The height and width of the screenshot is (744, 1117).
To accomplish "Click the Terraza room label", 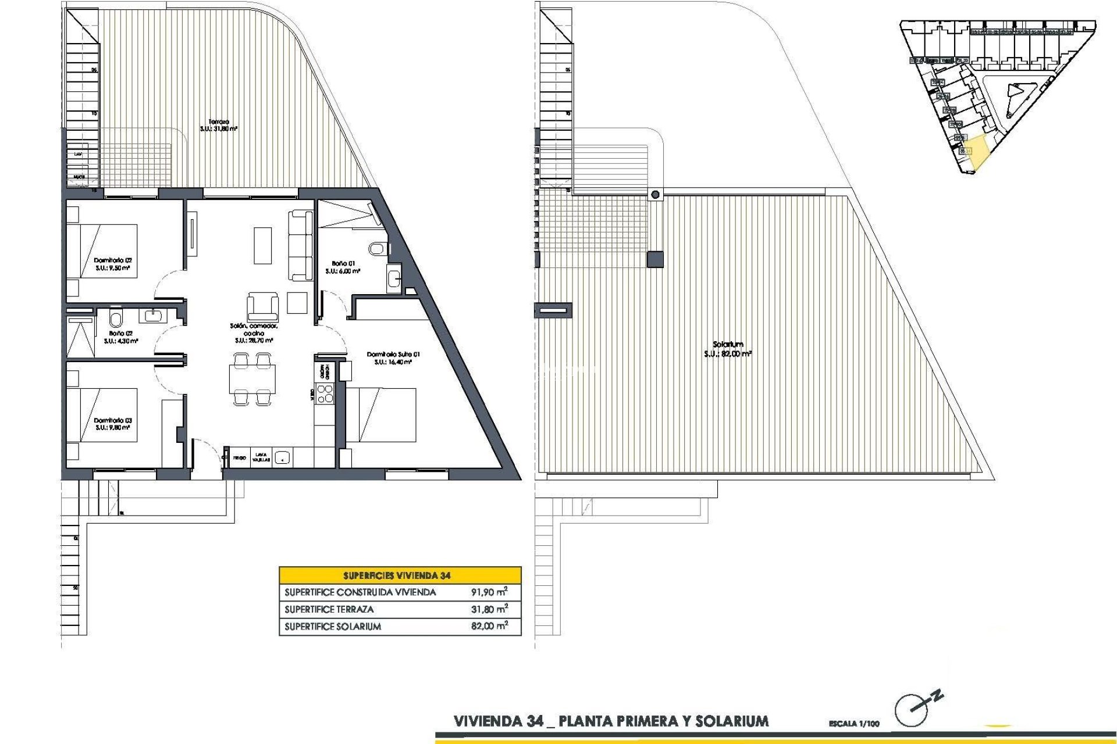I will coord(219,122).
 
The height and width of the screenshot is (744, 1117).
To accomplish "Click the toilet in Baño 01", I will coord(378,249).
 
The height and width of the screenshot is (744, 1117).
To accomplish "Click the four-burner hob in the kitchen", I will coord(324,394).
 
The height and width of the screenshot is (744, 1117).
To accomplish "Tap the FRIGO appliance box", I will coord(239,458).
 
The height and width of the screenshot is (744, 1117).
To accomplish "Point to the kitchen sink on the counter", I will coord(282,458).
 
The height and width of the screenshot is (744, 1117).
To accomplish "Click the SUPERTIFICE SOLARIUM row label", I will coord(333,627).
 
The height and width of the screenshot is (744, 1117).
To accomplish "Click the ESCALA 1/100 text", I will coord(854,724).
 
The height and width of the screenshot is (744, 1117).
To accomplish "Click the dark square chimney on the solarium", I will coord(655,259).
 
